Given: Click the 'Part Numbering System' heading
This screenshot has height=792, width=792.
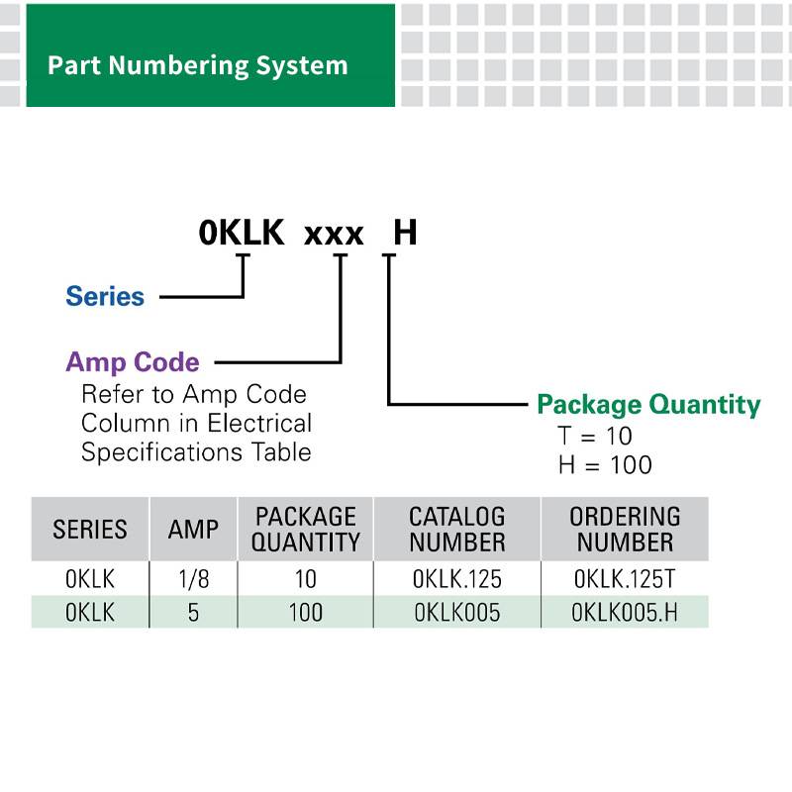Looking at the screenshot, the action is pyautogui.click(x=197, y=66).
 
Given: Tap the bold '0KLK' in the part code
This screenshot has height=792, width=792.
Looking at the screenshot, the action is pyautogui.click(x=242, y=233).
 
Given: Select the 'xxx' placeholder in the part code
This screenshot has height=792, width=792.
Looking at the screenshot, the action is pyautogui.click(x=334, y=235).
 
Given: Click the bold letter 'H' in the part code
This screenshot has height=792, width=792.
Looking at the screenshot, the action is pyautogui.click(x=405, y=233).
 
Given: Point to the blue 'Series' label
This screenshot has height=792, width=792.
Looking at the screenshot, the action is pyautogui.click(x=105, y=296).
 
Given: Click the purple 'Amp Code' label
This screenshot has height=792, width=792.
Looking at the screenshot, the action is pyautogui.click(x=133, y=362).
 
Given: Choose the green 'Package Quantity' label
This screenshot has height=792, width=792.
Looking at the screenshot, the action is pyautogui.click(x=648, y=405).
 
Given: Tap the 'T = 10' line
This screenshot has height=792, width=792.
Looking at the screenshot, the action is pyautogui.click(x=595, y=436).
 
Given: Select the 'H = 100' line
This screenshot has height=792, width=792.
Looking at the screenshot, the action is pyautogui.click(x=605, y=464).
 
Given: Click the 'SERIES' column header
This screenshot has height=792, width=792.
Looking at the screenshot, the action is pyautogui.click(x=90, y=530).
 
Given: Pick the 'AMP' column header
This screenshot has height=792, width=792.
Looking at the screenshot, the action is pyautogui.click(x=193, y=530).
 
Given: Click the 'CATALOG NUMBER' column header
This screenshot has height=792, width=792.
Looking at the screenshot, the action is pyautogui.click(x=457, y=530).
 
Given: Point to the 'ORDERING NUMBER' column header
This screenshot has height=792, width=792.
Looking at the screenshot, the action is pyautogui.click(x=625, y=530).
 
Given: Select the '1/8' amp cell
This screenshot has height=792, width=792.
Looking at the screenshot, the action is pyautogui.click(x=193, y=579).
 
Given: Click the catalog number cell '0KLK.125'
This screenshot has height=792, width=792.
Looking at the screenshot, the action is pyautogui.click(x=457, y=579).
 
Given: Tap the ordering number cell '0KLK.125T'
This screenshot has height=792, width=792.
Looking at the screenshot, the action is pyautogui.click(x=625, y=579).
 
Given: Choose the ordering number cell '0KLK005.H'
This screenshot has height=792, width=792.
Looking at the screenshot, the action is pyautogui.click(x=625, y=612).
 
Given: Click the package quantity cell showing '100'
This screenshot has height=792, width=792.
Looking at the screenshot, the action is pyautogui.click(x=306, y=612).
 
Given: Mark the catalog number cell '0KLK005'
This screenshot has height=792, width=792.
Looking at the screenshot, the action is pyautogui.click(x=457, y=612).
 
